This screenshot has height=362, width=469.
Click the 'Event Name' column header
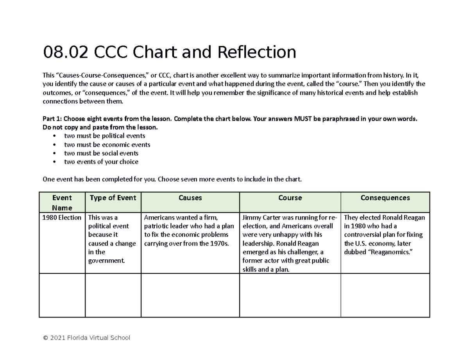click(x=62, y=202)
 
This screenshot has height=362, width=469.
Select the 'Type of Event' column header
click(x=113, y=198)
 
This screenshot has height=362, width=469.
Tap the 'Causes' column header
click(x=190, y=198)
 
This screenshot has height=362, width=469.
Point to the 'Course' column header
click(x=290, y=198)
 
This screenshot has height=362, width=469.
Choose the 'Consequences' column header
click(x=385, y=198)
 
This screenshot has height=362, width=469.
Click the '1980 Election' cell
click(x=62, y=218)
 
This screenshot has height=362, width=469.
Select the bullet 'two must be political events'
click(x=104, y=136)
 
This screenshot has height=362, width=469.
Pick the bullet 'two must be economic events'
click(x=107, y=144)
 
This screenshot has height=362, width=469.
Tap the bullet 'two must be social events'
click(x=101, y=153)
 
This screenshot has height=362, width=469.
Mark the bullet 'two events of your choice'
click(x=101, y=162)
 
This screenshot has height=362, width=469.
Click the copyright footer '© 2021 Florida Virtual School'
click(x=86, y=338)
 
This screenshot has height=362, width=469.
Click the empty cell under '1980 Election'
click(x=62, y=295)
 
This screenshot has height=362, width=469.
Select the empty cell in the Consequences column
click(x=385, y=295)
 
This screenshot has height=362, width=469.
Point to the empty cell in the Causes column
click(x=190, y=295)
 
